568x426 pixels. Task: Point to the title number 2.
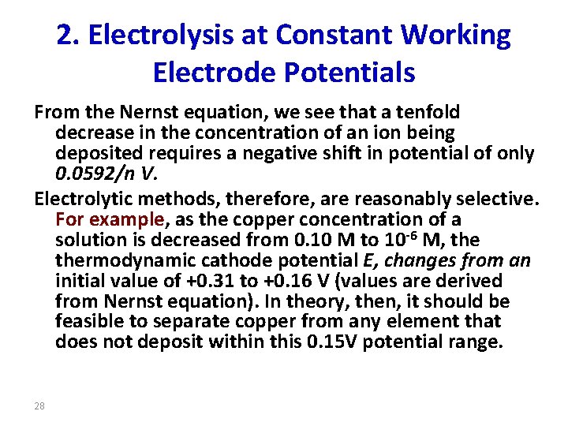(x=67, y=35)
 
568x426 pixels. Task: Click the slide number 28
(x=39, y=405)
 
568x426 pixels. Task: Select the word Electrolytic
(x=84, y=198)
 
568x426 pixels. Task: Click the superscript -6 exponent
(x=430, y=234)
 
